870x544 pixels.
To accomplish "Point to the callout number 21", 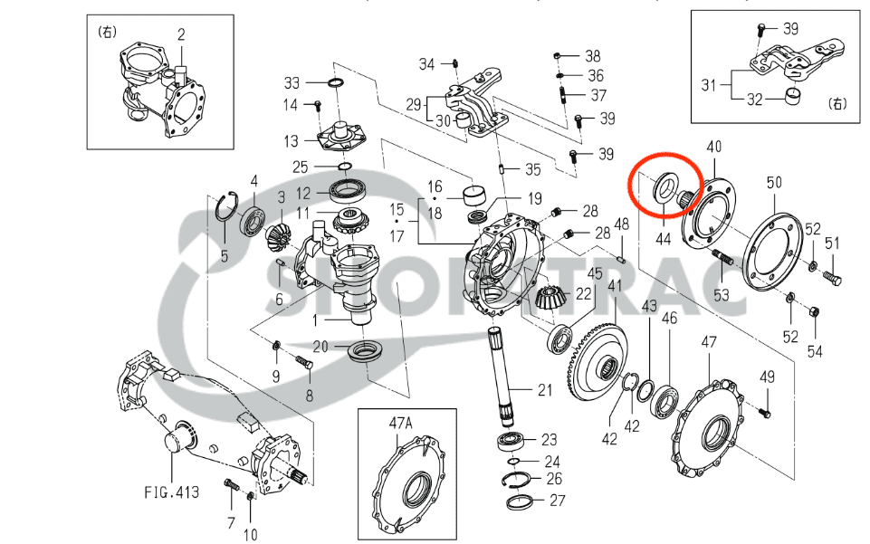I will click(543, 391).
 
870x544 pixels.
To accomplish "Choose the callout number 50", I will click(773, 183).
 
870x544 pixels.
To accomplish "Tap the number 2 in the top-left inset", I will click(181, 35).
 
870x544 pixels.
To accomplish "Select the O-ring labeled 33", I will click(335, 84).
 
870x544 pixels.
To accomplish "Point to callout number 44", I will click(664, 238).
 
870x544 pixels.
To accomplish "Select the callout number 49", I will click(767, 377).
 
